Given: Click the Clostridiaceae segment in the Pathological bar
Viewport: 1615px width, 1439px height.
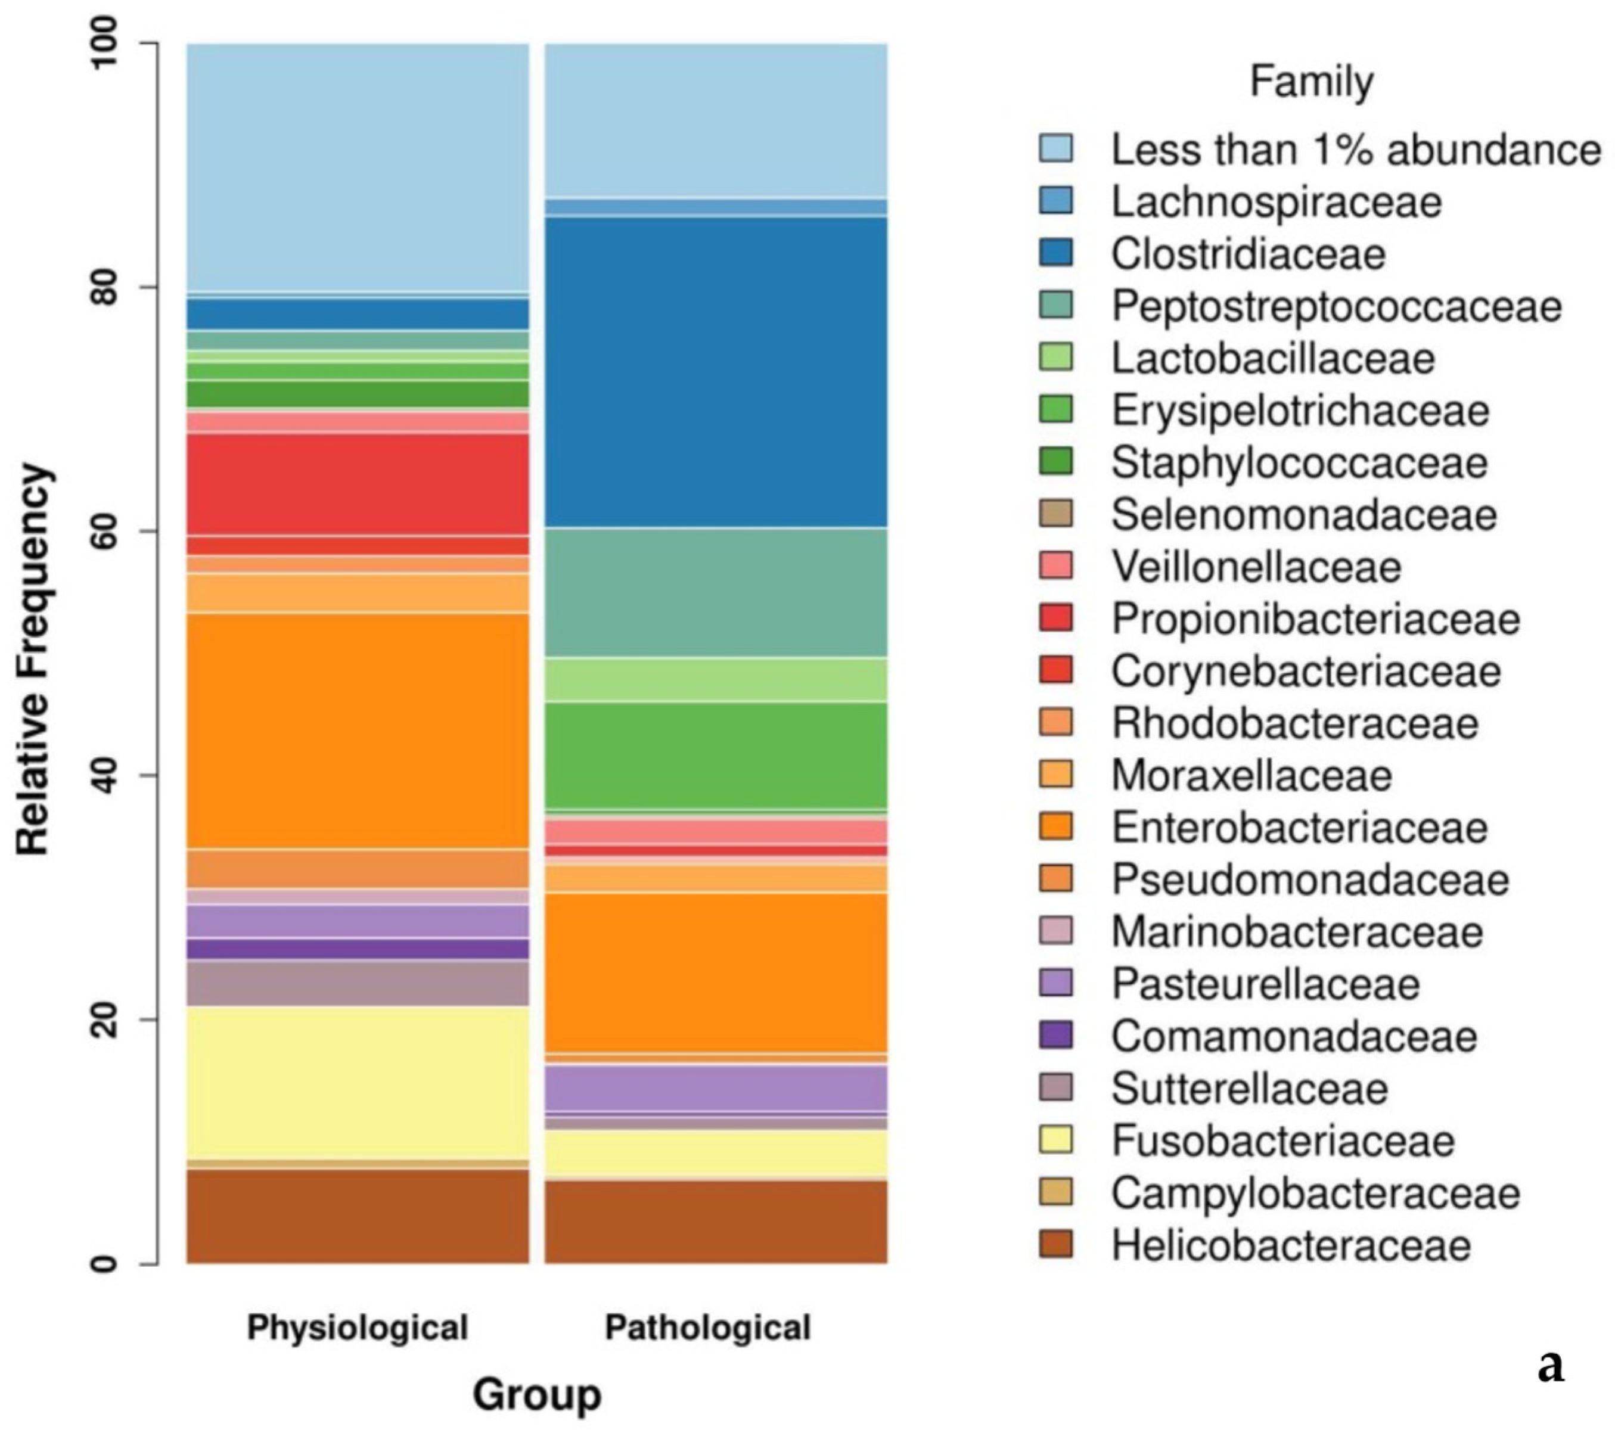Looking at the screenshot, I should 716,372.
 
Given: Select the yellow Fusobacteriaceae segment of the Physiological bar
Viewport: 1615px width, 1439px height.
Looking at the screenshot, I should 358,1083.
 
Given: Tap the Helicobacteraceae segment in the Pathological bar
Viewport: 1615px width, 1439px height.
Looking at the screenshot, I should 716,1222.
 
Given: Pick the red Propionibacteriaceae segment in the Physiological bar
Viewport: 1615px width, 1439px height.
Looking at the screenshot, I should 358,484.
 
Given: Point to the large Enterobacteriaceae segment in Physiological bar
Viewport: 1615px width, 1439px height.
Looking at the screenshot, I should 358,731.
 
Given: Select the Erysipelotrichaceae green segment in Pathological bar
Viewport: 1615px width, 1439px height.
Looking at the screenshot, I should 716,755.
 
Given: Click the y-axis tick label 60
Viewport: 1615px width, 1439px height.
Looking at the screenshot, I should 104,532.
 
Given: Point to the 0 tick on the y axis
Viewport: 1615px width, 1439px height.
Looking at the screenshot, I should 104,1263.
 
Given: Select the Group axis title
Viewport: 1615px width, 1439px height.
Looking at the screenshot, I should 537,1395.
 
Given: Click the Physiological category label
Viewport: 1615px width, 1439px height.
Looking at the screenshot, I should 358,1328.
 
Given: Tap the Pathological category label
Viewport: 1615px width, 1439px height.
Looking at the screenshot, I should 708,1328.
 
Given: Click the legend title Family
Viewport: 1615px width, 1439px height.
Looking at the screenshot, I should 1311,82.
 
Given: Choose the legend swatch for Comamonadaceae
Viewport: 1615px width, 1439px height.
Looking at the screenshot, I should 1056,1036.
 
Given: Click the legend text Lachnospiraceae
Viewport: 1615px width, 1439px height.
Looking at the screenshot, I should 1277,201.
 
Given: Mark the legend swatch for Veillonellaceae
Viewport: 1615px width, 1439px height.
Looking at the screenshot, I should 1056,566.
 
